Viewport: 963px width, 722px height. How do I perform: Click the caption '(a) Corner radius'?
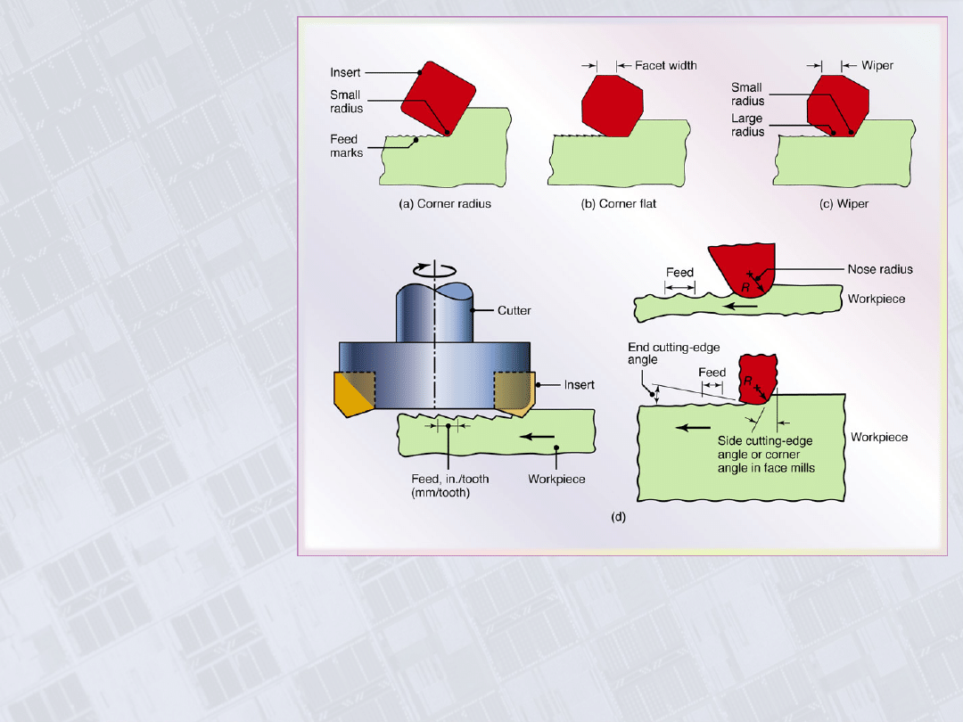[444, 203]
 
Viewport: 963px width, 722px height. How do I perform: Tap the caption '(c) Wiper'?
[844, 203]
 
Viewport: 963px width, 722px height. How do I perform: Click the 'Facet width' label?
[665, 65]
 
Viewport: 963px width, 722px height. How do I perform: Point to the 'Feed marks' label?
[345, 145]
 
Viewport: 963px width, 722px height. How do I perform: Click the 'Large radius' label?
[747, 124]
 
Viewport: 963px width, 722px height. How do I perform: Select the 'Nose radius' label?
[879, 269]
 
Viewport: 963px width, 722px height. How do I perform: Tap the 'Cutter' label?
[514, 310]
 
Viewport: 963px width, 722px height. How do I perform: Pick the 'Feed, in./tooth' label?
[443, 479]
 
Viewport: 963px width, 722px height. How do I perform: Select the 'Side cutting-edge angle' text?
[765, 441]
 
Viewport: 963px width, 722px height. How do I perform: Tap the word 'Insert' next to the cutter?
[580, 384]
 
